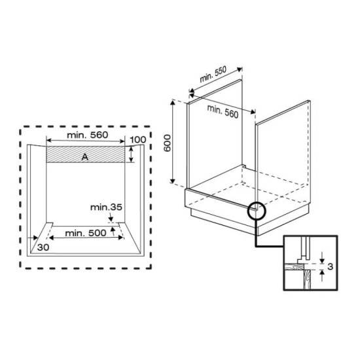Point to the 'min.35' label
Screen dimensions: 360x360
[x=107, y=208]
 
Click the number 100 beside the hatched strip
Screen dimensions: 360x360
[x=137, y=140]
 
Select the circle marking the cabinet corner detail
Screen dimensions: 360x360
[x=257, y=211]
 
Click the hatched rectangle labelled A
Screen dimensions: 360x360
[x=65, y=155]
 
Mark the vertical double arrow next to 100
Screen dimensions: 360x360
[x=131, y=155]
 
